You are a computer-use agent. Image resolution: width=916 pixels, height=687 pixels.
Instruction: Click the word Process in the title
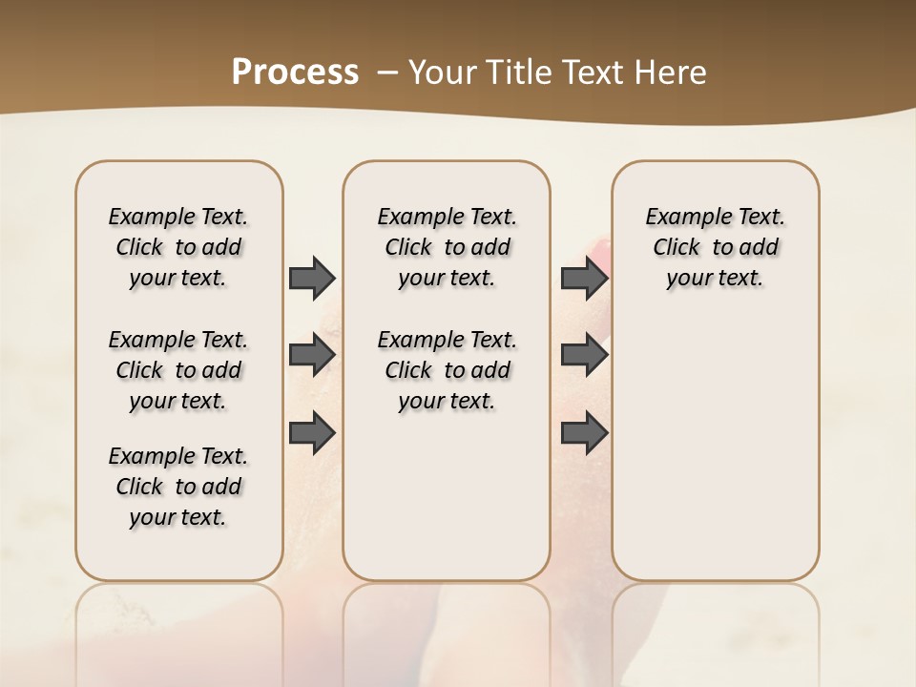coord(295,73)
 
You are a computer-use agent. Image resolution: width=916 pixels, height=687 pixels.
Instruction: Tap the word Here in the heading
coord(673,73)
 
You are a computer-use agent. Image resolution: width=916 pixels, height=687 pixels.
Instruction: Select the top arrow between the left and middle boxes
coord(312,279)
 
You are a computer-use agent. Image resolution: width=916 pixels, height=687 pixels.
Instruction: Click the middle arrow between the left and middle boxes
coord(312,355)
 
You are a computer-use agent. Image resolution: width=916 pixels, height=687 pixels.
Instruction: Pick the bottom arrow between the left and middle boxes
coord(312,431)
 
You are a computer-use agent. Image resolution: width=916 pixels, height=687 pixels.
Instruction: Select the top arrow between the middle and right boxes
coord(585,279)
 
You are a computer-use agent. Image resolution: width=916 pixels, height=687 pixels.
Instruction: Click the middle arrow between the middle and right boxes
coord(585,355)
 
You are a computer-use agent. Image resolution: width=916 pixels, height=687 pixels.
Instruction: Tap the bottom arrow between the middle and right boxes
coord(585,433)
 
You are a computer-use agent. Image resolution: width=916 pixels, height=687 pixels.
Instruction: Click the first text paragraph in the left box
coord(178,247)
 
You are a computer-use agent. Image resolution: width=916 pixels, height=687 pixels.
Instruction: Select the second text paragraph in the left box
coord(178,370)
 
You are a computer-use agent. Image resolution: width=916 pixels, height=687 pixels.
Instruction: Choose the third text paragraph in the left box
coord(178,487)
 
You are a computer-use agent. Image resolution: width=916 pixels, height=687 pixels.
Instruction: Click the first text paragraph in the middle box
coord(448,247)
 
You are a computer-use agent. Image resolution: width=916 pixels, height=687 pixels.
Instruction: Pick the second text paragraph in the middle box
coord(448,370)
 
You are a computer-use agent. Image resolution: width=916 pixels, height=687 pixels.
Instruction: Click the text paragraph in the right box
coord(716,247)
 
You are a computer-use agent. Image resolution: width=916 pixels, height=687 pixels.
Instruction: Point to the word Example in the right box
coord(680,218)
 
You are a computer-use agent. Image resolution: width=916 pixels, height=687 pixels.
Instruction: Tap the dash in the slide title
coord(387,73)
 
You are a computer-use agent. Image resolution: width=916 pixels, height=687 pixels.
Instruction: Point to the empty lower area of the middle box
coord(447,496)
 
